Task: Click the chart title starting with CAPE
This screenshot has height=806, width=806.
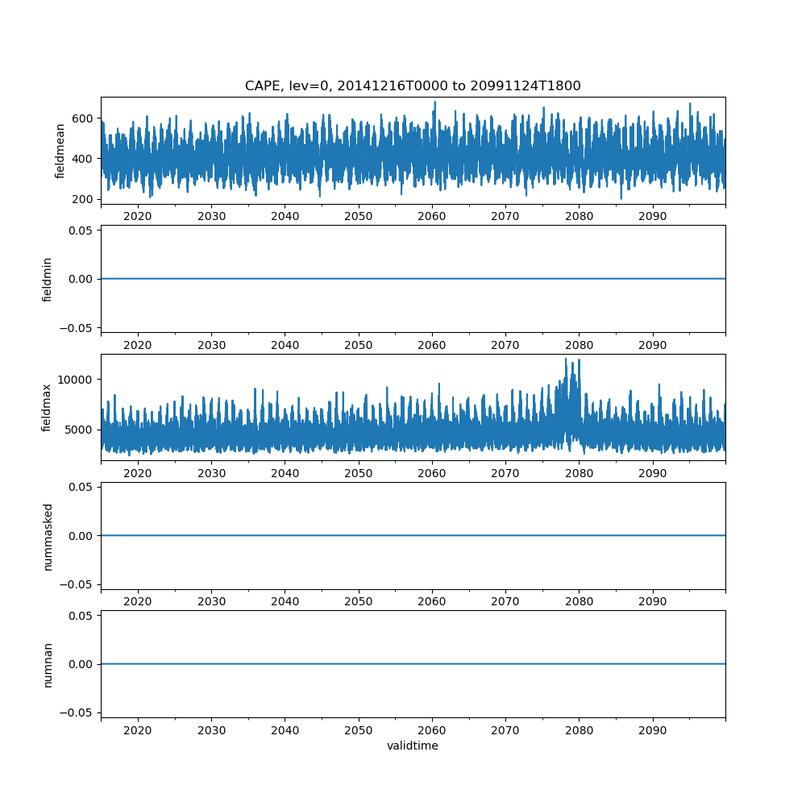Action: pos(413,86)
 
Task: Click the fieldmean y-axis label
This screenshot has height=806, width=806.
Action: pos(60,152)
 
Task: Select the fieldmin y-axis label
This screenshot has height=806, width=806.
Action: pos(47,279)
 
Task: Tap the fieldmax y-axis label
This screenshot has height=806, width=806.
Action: pos(47,407)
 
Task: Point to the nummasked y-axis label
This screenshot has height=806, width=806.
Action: pos(47,536)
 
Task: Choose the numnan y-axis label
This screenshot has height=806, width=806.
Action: pos(47,664)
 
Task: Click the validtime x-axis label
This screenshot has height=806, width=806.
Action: pos(413,746)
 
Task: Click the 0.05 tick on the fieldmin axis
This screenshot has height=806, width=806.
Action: pos(83,231)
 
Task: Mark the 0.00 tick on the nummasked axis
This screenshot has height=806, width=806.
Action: pos(83,536)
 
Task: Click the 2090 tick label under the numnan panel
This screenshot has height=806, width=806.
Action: pos(652,731)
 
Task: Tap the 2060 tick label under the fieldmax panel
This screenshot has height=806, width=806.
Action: pos(432,474)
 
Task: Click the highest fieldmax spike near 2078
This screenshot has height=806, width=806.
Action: pos(566,359)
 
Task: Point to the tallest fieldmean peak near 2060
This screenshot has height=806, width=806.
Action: pos(435,102)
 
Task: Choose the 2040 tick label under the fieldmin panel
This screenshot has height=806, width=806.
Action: pos(285,346)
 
